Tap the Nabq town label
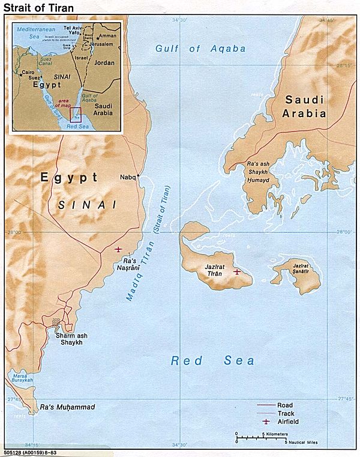[x=128, y=177]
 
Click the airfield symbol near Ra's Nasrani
[x=118, y=249]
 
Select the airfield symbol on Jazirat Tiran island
[x=237, y=271]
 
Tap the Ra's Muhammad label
[x=67, y=408]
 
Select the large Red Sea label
[x=212, y=361]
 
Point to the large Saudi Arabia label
[x=305, y=106]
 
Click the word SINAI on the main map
[x=87, y=205]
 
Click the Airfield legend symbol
[x=265, y=422]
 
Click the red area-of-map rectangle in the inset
[x=76, y=114]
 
